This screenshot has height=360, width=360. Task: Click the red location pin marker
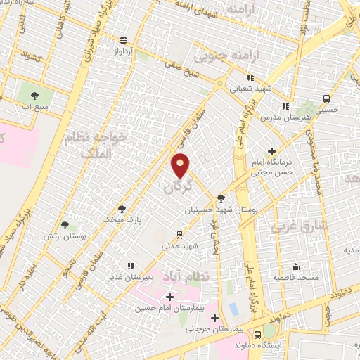[181, 165]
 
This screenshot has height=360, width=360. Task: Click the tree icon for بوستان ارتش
[65, 225]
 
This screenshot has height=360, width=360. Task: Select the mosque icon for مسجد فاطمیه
[296, 266]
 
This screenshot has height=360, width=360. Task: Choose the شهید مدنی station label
[181, 246]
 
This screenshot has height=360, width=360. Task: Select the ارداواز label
[124, 51]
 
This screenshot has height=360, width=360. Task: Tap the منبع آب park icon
[30, 93]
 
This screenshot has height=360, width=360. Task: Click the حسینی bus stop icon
[326, 98]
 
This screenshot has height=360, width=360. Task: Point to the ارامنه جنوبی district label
[245, 55]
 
